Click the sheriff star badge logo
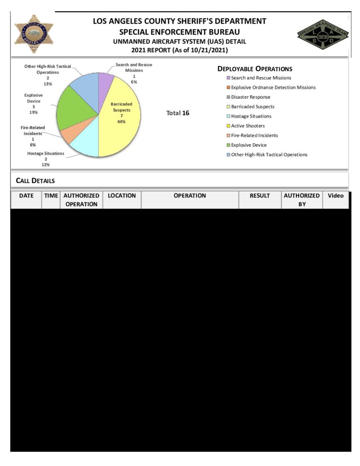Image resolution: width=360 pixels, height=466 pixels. pyautogui.click(x=34, y=34)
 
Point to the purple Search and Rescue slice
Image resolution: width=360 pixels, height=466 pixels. pyautogui.click(x=105, y=80)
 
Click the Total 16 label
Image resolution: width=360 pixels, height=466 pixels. pyautogui.click(x=178, y=113)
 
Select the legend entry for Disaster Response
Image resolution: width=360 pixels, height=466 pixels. pyautogui.click(x=250, y=97)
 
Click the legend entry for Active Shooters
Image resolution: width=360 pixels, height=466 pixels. pyautogui.click(x=248, y=126)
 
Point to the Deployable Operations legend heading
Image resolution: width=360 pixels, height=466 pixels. pyautogui.click(x=254, y=69)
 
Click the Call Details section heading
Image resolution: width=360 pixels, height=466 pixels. pyautogui.click(x=35, y=181)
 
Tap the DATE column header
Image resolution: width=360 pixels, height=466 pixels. pyautogui.click(x=26, y=196)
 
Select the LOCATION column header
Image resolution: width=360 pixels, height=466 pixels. pyautogui.click(x=122, y=196)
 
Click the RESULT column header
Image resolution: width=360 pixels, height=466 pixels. pyautogui.click(x=260, y=196)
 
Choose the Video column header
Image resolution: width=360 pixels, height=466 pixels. pyautogui.click(x=336, y=196)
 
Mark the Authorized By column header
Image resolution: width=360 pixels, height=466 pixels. pyautogui.click(x=302, y=200)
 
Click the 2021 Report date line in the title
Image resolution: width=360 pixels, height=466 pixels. pyautogui.click(x=179, y=50)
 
